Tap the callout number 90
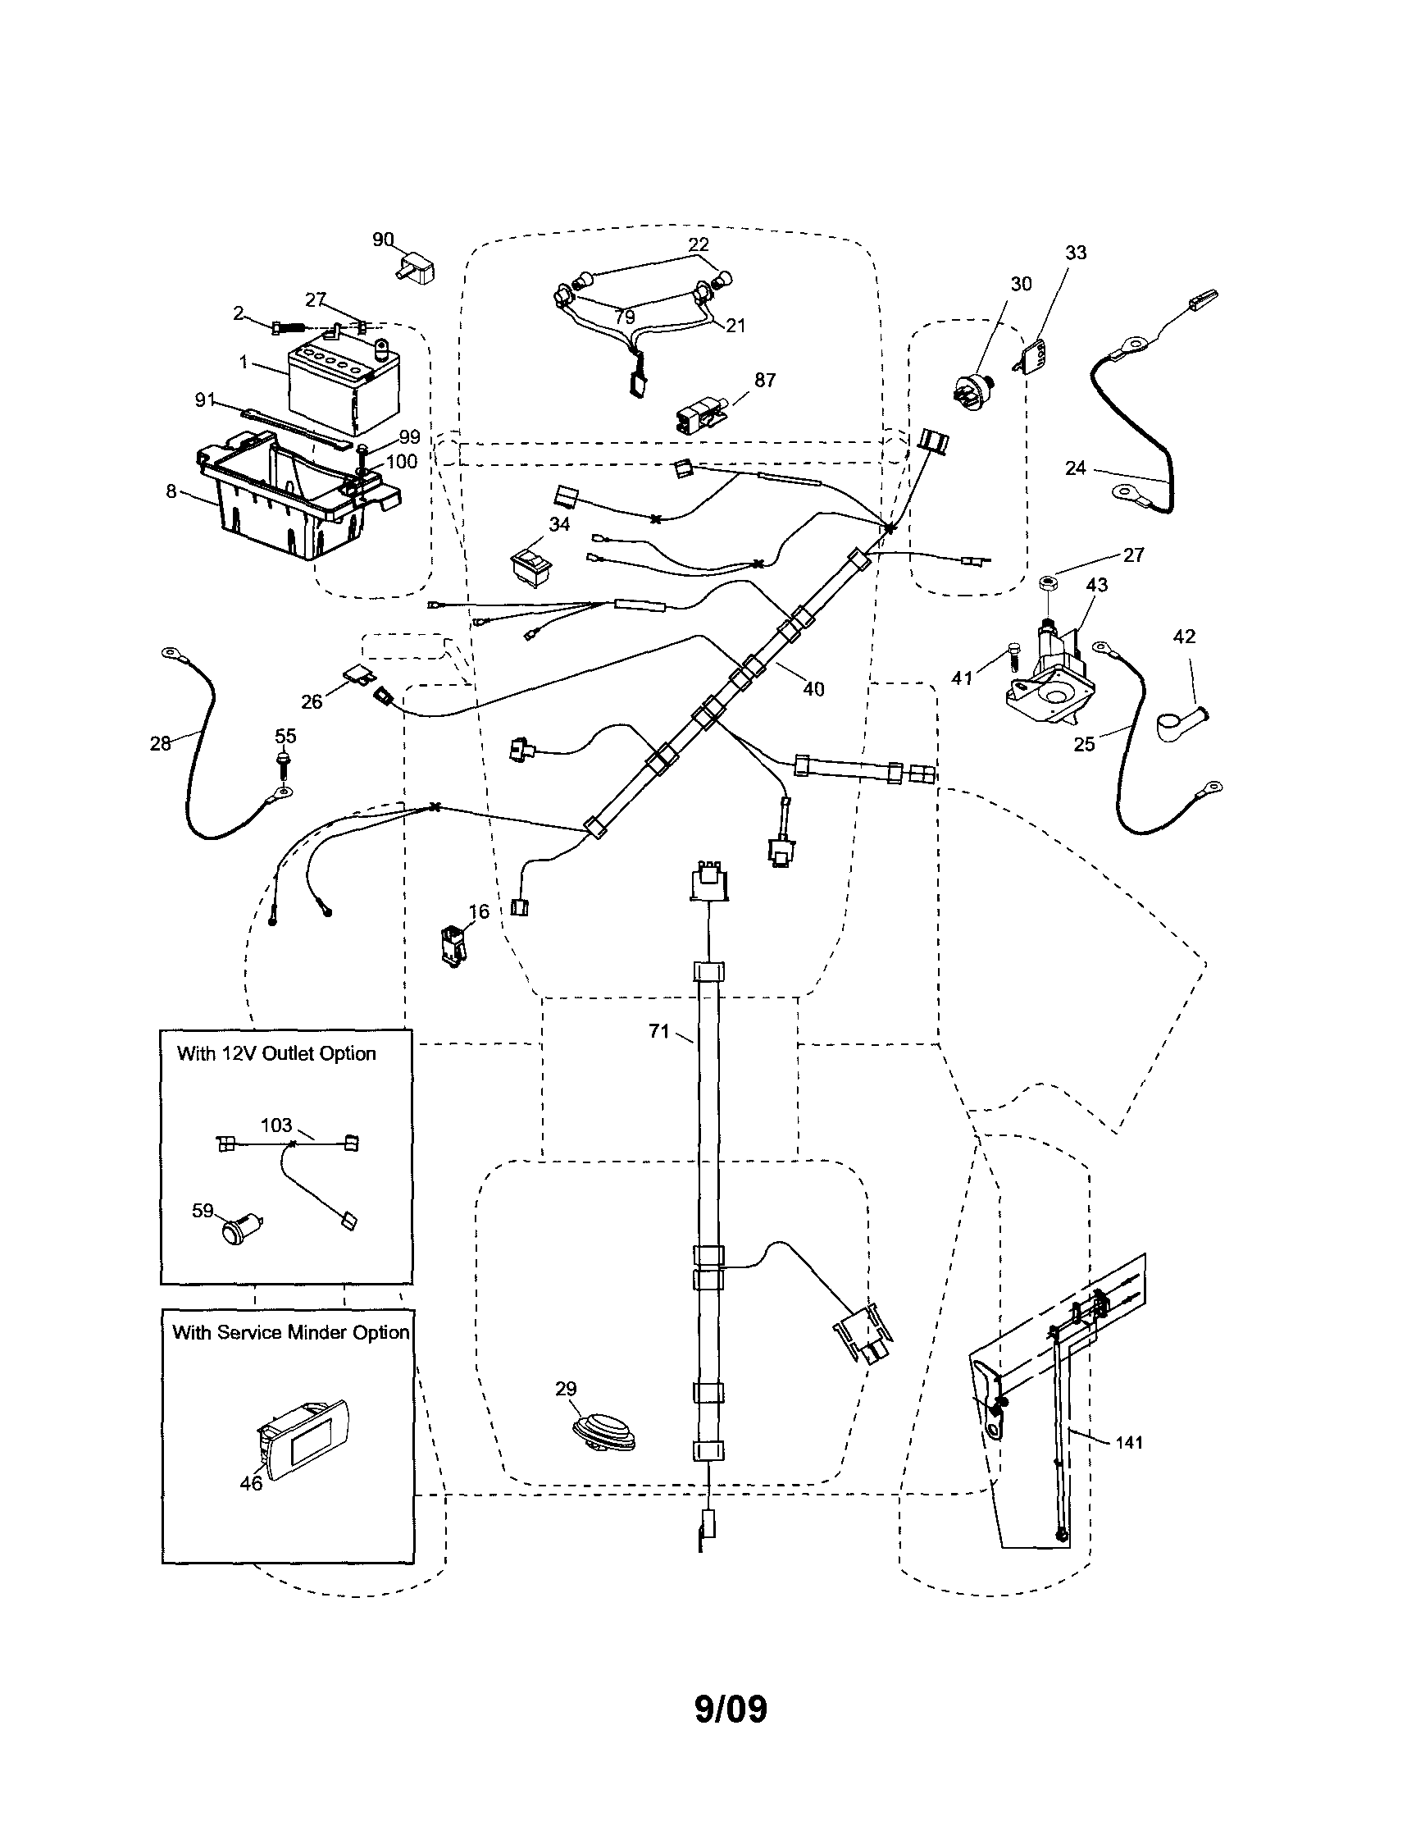[x=382, y=240]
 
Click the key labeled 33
[x=1035, y=357]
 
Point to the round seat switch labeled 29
[x=604, y=1430]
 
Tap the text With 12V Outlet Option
[x=275, y=1053]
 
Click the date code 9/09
[x=731, y=1709]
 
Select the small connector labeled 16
[x=453, y=945]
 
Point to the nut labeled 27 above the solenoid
[x=1048, y=582]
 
